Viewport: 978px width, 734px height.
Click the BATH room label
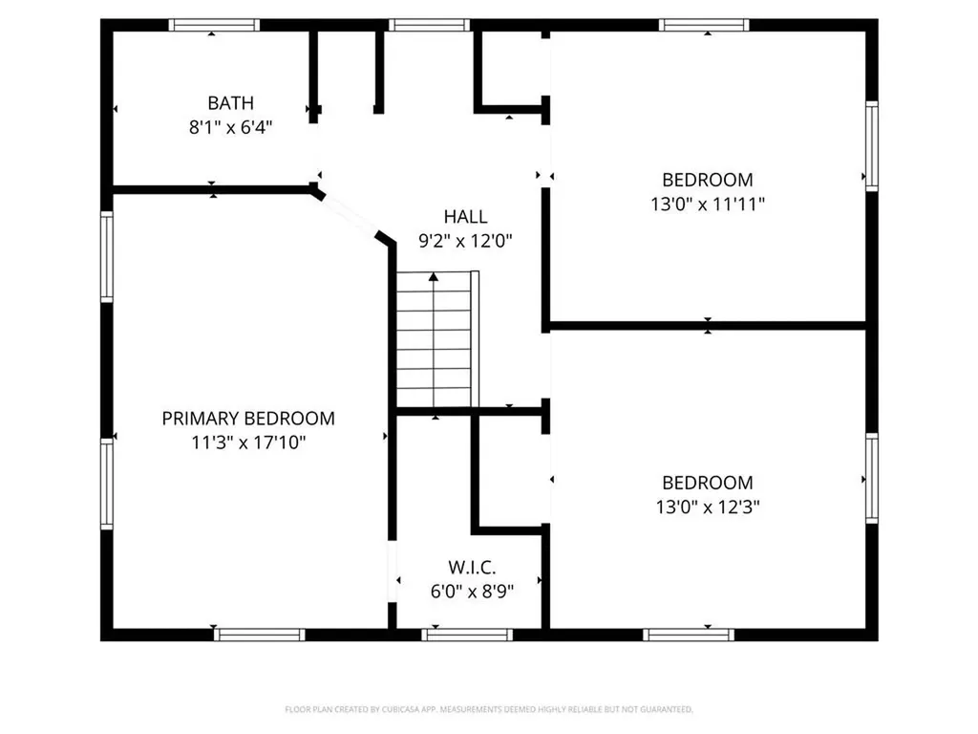(231, 103)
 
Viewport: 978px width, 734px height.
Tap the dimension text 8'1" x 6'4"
(231, 128)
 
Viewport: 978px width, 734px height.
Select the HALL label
(465, 217)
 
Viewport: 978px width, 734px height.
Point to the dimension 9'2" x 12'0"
(465, 241)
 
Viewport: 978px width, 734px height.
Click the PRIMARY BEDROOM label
(248, 419)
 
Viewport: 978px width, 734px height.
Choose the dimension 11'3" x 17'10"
(248, 443)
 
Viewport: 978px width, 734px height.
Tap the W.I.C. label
(472, 568)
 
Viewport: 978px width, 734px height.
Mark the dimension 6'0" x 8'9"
(472, 591)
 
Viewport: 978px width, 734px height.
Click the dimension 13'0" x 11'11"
(708, 205)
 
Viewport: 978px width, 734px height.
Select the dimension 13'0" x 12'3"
(708, 507)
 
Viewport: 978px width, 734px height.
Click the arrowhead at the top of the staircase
(434, 276)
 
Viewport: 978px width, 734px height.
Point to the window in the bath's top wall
(214, 25)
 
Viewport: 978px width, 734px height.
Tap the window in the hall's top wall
(429, 25)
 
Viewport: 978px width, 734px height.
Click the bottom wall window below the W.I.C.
(467, 635)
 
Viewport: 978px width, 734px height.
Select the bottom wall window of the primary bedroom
(260, 635)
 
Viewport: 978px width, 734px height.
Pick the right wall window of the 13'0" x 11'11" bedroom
(872, 146)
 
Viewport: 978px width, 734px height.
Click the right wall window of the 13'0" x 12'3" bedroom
(872, 479)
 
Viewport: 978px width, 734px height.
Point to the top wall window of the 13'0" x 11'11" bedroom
(704, 25)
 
